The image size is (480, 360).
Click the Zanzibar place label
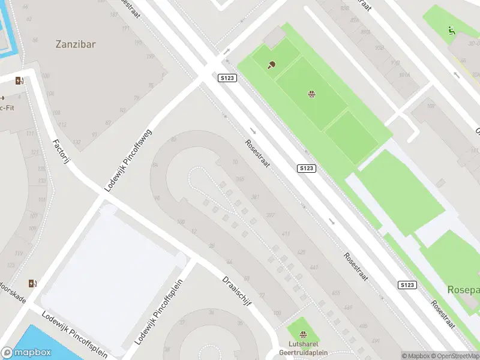[x=76, y=44]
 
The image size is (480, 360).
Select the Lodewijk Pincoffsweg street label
[x=128, y=160]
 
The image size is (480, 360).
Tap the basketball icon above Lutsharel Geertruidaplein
[x=302, y=334]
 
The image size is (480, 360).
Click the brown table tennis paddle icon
[x=272, y=65]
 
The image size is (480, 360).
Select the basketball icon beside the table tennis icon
[x=311, y=94]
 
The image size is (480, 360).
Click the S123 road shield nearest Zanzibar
[x=227, y=78]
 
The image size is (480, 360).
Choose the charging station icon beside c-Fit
[x=20, y=81]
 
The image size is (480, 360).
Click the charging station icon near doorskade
[x=32, y=283]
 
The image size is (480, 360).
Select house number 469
[x=348, y=308]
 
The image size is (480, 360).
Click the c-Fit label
[x=7, y=107]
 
